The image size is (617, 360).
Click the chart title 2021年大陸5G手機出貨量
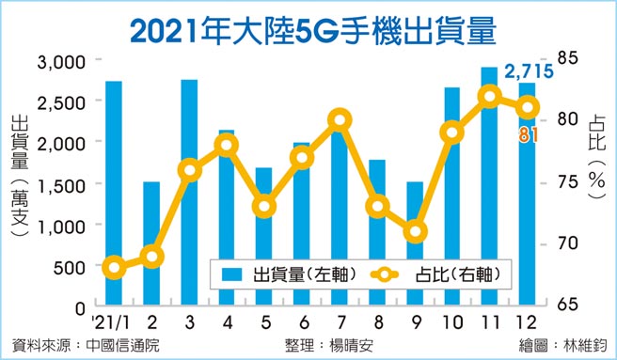pos(311,27)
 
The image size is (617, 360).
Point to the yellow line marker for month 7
pos(340,119)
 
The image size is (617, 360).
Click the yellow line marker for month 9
pos(415,231)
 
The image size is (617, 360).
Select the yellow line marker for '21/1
pos(114,269)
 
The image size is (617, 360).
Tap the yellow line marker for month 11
pos(489,97)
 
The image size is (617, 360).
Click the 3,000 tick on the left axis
pos(60,61)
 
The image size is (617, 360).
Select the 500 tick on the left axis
pos(69,267)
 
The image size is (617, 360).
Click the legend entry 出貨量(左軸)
pos(280,275)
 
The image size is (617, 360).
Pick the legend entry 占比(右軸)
pos(433,275)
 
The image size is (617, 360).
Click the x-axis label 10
pos(451,323)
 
